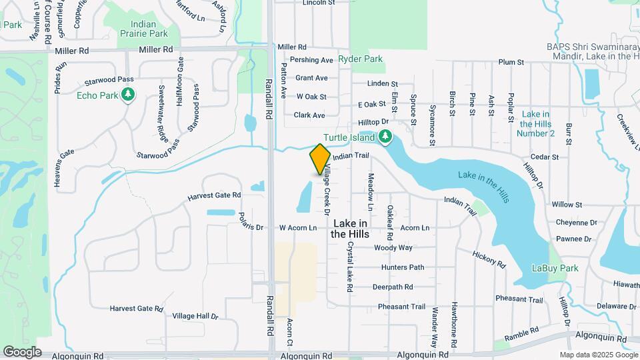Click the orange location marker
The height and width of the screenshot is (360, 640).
pyautogui.click(x=320, y=159)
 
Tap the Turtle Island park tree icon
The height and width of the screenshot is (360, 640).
pyautogui.click(x=385, y=137)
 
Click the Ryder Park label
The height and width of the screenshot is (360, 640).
pyautogui.click(x=360, y=59)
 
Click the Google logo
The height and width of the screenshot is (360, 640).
pyautogui.click(x=22, y=351)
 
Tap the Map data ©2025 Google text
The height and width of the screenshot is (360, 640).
pyautogui.click(x=597, y=355)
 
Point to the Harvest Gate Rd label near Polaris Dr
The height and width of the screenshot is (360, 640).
pyautogui.click(x=213, y=195)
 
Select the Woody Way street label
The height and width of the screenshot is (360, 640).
pyautogui.click(x=393, y=248)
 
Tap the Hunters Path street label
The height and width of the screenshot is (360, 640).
pyautogui.click(x=403, y=267)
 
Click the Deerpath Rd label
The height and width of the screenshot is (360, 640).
pyautogui.click(x=393, y=287)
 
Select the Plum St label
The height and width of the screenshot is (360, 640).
pyautogui.click(x=511, y=62)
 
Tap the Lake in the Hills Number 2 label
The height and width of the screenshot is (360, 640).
pyautogui.click(x=535, y=124)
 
